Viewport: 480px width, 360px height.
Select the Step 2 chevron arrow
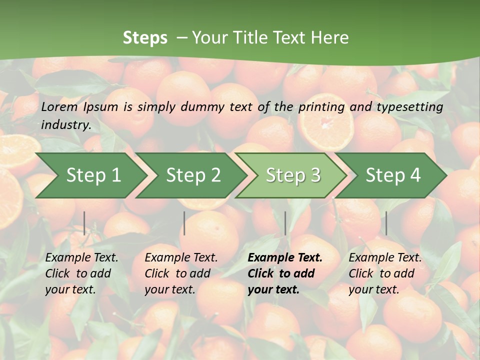tap(193, 175)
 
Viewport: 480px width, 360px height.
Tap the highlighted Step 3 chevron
tap(293, 175)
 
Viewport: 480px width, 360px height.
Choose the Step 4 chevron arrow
tap(393, 175)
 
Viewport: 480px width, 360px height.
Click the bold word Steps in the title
tap(145, 37)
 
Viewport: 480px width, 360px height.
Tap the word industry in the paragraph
tap(65, 124)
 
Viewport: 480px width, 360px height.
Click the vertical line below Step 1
tap(84, 223)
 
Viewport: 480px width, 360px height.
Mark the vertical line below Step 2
tap(184, 223)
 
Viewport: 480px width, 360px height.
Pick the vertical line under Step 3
tap(285, 223)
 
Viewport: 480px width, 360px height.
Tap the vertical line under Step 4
tap(386, 223)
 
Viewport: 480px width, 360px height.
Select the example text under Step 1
tap(81, 273)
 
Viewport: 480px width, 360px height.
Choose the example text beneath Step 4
tap(385, 273)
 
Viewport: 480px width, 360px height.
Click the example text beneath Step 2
tap(181, 273)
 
